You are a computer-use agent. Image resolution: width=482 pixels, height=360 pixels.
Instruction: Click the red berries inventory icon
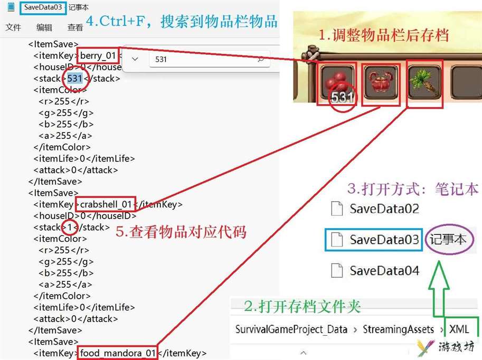click(337, 82)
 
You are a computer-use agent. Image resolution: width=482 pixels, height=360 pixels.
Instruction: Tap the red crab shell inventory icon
click(381, 82)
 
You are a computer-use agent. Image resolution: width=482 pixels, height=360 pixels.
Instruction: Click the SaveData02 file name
click(384, 209)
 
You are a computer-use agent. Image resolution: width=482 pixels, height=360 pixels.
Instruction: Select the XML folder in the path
click(459, 329)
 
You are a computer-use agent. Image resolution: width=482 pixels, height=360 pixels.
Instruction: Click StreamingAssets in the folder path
click(398, 329)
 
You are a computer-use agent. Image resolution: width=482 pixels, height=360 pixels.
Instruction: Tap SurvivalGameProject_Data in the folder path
click(291, 329)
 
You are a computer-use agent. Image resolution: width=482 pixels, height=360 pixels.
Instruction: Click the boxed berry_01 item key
click(98, 55)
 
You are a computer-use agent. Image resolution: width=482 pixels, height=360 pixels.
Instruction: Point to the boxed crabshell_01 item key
click(106, 204)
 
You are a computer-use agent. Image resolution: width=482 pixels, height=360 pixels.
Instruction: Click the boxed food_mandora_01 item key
click(118, 353)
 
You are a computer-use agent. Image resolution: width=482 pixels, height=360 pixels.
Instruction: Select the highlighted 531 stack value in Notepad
click(74, 79)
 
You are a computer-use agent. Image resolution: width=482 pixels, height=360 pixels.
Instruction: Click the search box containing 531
click(210, 59)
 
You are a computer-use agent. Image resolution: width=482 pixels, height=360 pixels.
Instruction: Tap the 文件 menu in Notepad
click(13, 27)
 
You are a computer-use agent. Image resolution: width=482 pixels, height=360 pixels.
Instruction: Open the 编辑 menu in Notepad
click(44, 27)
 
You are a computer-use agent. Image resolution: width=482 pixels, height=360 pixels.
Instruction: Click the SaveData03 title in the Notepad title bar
click(43, 7)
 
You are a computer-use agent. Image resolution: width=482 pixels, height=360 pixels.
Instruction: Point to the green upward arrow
click(439, 289)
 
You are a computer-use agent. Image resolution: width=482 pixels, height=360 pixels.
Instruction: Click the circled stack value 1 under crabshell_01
click(70, 228)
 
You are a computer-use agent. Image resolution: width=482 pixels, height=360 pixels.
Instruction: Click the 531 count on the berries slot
click(342, 98)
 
